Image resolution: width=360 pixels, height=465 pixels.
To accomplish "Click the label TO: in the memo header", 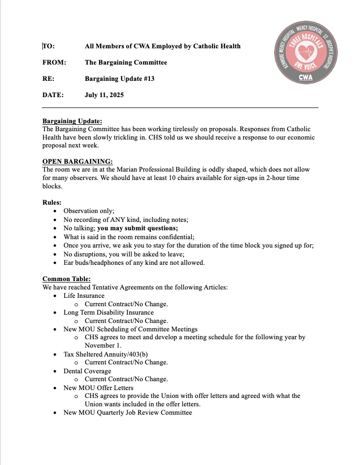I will click(x=48, y=46).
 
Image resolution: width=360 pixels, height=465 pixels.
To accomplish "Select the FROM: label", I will click(x=54, y=63).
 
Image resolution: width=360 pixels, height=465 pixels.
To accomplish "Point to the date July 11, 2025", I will click(x=104, y=95).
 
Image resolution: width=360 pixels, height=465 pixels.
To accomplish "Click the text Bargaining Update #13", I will click(x=119, y=78).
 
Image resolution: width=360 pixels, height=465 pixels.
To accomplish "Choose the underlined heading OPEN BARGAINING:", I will click(x=77, y=161).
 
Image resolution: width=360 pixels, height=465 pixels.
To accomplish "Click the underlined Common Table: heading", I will click(x=67, y=279).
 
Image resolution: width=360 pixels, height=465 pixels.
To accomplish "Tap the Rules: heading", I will click(x=52, y=202).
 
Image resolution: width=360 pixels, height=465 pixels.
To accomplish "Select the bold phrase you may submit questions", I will click(x=137, y=228).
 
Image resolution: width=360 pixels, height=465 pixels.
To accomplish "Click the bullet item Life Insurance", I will click(x=84, y=296).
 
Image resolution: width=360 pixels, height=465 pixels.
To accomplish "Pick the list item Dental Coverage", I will click(x=87, y=371).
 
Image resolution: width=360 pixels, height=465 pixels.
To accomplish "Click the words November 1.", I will click(x=103, y=346).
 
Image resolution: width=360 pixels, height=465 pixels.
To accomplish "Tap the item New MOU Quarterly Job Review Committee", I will click(x=128, y=412).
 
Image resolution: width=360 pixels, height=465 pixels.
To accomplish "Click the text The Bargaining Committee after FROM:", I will click(x=126, y=63).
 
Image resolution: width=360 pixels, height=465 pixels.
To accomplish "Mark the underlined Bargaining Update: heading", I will click(x=72, y=121).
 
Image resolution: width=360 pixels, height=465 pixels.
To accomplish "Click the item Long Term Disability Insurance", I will click(x=108, y=312).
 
